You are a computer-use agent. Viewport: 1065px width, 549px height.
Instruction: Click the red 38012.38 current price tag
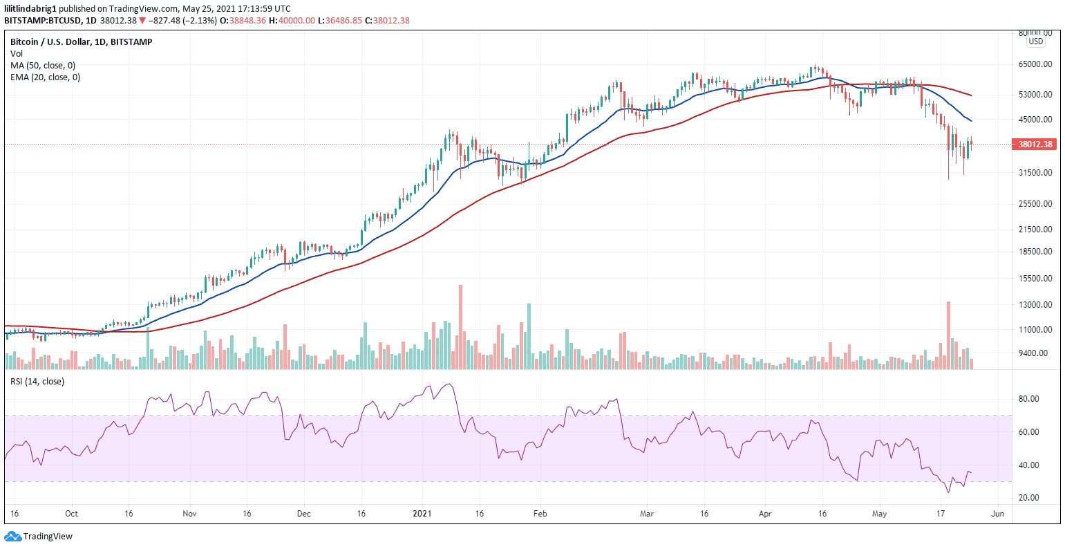1035,145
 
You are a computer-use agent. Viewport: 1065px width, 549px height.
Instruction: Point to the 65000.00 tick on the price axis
1035,64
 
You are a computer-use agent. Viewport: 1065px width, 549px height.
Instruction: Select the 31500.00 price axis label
1035,173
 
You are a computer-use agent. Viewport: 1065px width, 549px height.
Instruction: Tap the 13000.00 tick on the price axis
1035,304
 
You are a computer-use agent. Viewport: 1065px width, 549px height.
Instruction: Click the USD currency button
1035,41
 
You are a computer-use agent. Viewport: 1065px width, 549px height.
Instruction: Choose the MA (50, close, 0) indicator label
43,66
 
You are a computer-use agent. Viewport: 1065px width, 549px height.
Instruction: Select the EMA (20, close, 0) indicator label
45,77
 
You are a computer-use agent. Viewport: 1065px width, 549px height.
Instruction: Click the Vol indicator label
16,54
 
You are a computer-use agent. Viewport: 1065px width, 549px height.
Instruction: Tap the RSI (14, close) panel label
37,381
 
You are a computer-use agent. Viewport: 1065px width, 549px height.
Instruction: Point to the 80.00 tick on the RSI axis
1030,399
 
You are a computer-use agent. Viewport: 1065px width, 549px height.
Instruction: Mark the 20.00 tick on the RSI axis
1030,498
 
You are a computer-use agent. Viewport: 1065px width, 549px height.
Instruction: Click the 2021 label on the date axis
422,514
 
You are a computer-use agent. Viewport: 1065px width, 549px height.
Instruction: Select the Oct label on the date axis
71,514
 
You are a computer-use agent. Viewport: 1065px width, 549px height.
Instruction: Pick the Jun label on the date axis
997,514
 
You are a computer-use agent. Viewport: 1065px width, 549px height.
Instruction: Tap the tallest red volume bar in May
948,335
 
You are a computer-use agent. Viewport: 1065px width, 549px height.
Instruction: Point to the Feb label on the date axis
540,514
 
